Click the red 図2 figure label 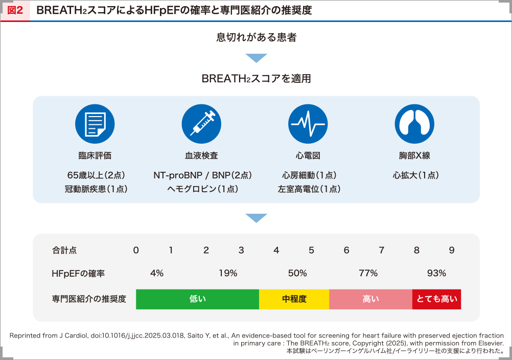[x=15, y=11]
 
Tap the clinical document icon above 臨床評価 [x=95, y=124]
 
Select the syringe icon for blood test [x=201, y=124]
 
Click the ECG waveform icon [x=308, y=124]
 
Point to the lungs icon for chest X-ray [x=414, y=124]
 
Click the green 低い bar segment [x=197, y=299]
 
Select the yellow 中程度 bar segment [x=294, y=299]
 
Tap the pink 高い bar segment [x=370, y=299]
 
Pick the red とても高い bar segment [x=437, y=299]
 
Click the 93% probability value [x=436, y=273]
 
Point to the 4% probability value [x=157, y=273]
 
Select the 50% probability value [x=297, y=273]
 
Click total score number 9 [x=452, y=250]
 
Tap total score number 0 [x=136, y=250]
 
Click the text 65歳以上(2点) [x=95, y=175]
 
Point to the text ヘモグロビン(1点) [x=203, y=189]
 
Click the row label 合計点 [x=64, y=250]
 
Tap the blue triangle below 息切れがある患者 [x=256, y=58]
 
